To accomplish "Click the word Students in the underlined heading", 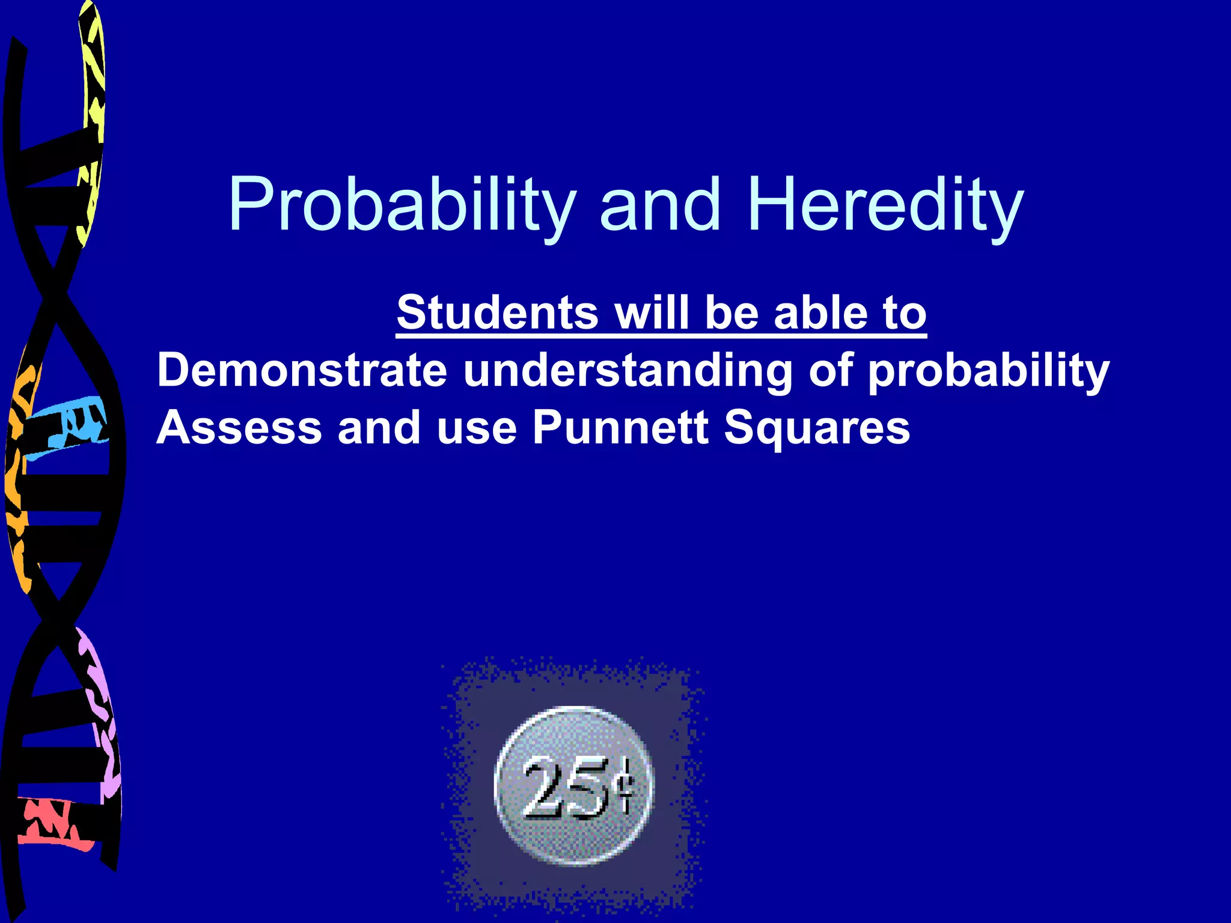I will click(x=496, y=312).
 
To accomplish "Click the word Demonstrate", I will click(x=302, y=370).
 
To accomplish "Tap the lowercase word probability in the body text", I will click(x=988, y=370).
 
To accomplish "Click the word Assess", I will click(x=239, y=427).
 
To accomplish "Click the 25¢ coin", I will click(x=574, y=786).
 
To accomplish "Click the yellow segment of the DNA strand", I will click(x=93, y=120).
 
